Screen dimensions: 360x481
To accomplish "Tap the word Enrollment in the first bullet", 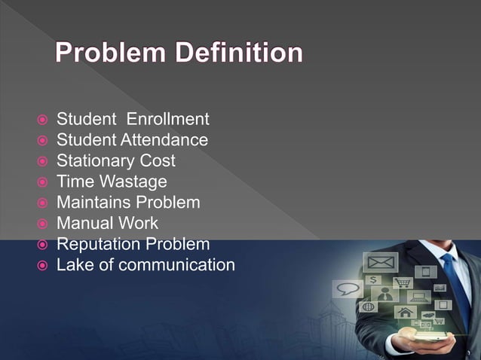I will pyautogui.click(x=167, y=119).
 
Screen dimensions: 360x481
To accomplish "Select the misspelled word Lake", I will pyautogui.click(x=73, y=265).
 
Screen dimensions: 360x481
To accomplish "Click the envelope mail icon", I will pyautogui.click(x=379, y=264).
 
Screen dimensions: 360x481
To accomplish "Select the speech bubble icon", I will pyautogui.click(x=348, y=288).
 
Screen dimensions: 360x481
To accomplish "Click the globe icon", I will pyautogui.click(x=369, y=307).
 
